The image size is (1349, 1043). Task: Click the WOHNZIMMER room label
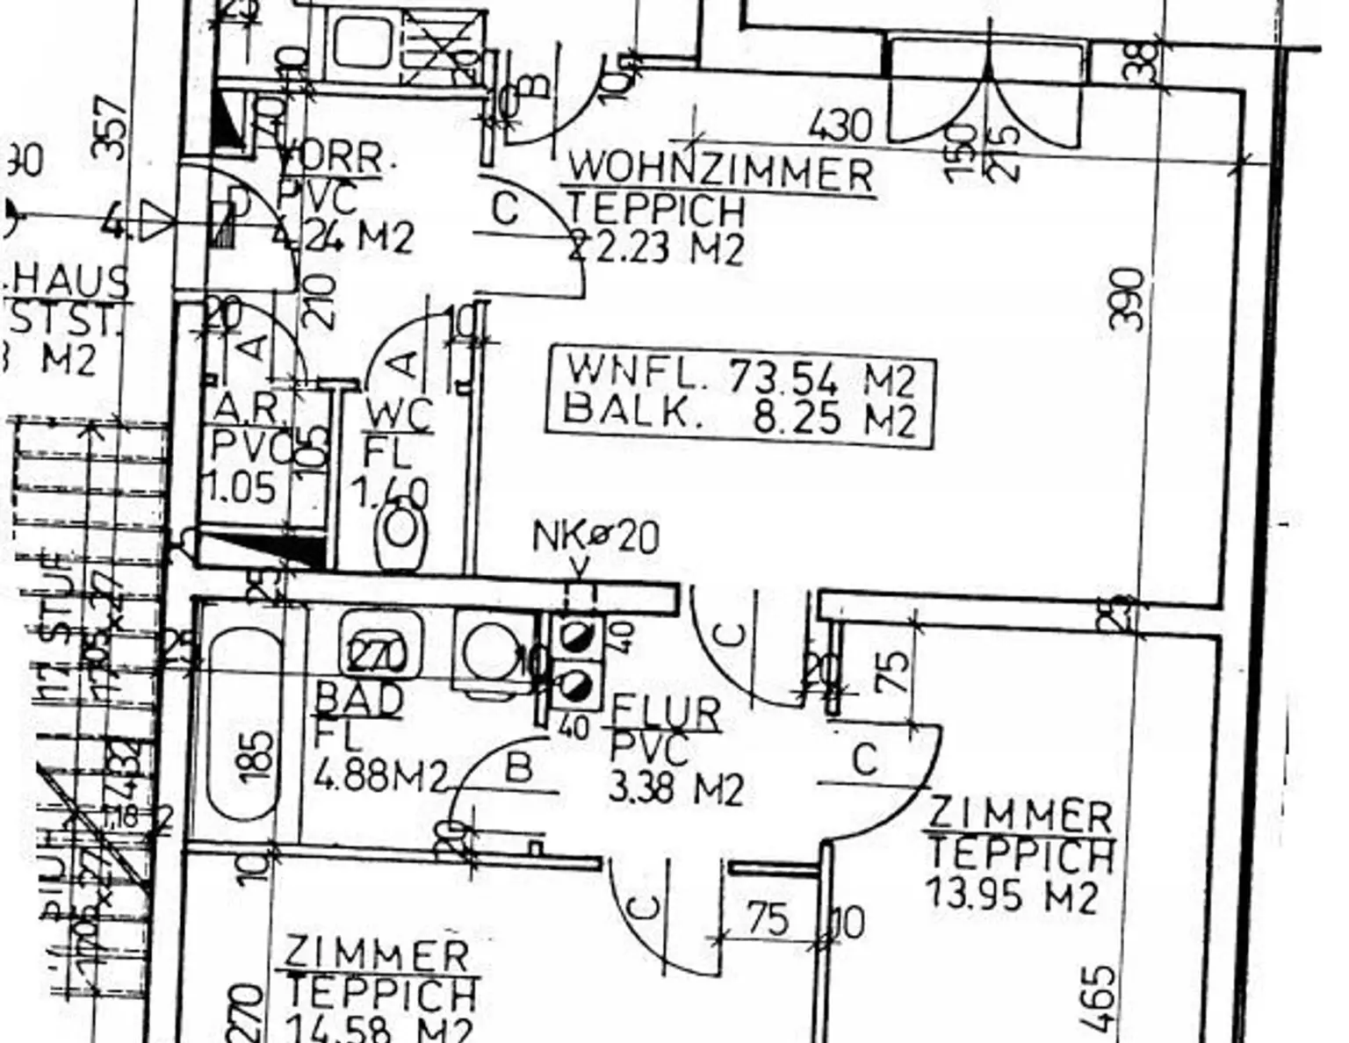tap(720, 172)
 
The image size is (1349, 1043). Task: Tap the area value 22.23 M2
tap(657, 248)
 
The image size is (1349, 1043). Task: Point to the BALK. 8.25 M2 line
tap(740, 414)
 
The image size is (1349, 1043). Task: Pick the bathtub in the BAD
tap(245, 724)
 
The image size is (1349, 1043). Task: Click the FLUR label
tap(666, 713)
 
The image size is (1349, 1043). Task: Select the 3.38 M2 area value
tap(675, 788)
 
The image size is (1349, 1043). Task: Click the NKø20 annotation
tap(595, 537)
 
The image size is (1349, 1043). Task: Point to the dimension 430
tap(840, 126)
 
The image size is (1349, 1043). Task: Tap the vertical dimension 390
tap(1128, 299)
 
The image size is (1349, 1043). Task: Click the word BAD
tap(358, 700)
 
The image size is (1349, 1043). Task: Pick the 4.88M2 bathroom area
tap(380, 776)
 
